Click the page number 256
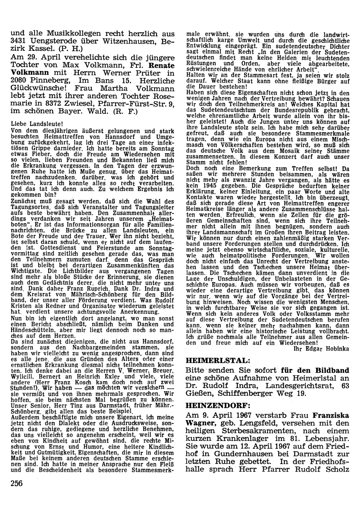tap(17, 483)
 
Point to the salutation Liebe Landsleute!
tap(32, 123)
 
